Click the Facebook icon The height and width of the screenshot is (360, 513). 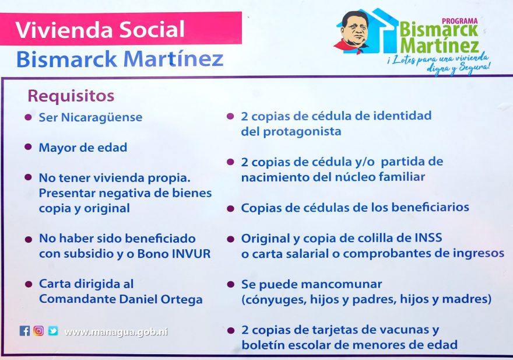[x=24, y=331]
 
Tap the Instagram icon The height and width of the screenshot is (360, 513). [x=38, y=331]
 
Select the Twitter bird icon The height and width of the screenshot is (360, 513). [x=53, y=331]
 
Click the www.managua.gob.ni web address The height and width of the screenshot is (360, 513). [x=116, y=332]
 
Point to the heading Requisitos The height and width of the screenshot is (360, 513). [x=71, y=96]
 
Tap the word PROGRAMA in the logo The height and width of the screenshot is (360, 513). [x=460, y=21]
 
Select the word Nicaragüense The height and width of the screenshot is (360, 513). [x=102, y=117]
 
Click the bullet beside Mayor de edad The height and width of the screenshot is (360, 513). [x=29, y=147]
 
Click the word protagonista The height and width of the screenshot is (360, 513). [x=302, y=132]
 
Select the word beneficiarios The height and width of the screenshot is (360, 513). [x=430, y=207]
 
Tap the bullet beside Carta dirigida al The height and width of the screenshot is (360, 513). [x=29, y=284]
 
